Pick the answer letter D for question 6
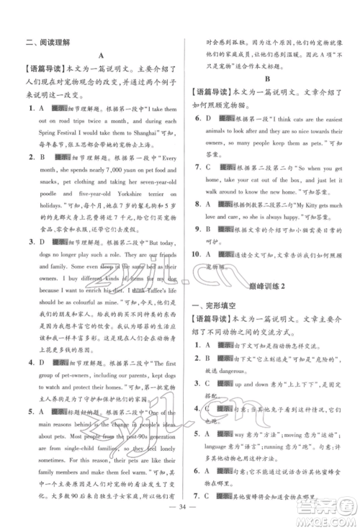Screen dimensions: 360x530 pos(207,119)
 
